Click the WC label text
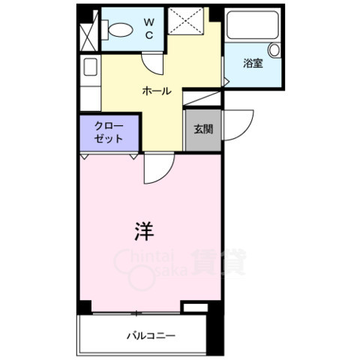[x=148, y=28]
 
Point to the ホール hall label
[x=157, y=91]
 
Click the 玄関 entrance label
[x=202, y=129]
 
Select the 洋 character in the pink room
[x=144, y=232]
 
